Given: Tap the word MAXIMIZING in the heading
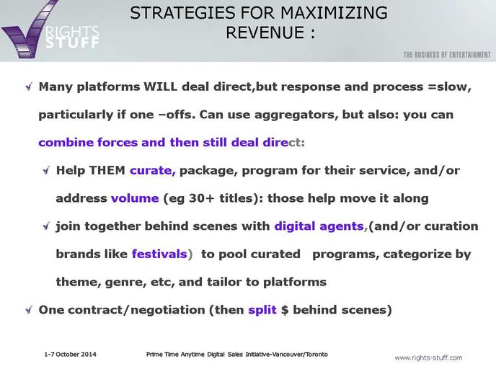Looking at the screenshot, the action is [334, 13].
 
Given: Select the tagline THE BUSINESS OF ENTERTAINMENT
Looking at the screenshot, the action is [447, 55].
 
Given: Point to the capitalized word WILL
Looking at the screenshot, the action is [160, 87].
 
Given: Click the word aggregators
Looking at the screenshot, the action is [296, 115].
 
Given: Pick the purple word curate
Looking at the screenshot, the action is [152, 171].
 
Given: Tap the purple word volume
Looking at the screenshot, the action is [135, 198].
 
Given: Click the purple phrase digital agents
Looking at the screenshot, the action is [319, 226].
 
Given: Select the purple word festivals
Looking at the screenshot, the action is [159, 254].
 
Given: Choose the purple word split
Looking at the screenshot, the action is [262, 310].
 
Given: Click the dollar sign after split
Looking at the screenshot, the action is [285, 310].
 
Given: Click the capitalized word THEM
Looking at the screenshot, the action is [107, 170].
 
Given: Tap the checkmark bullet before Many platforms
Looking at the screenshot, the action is [29, 87].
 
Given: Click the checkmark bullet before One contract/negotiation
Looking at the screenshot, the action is [29, 309].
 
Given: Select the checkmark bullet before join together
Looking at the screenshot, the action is [46, 226].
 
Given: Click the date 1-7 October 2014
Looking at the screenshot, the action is [70, 354].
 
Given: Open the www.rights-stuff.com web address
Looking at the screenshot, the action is [428, 358].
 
